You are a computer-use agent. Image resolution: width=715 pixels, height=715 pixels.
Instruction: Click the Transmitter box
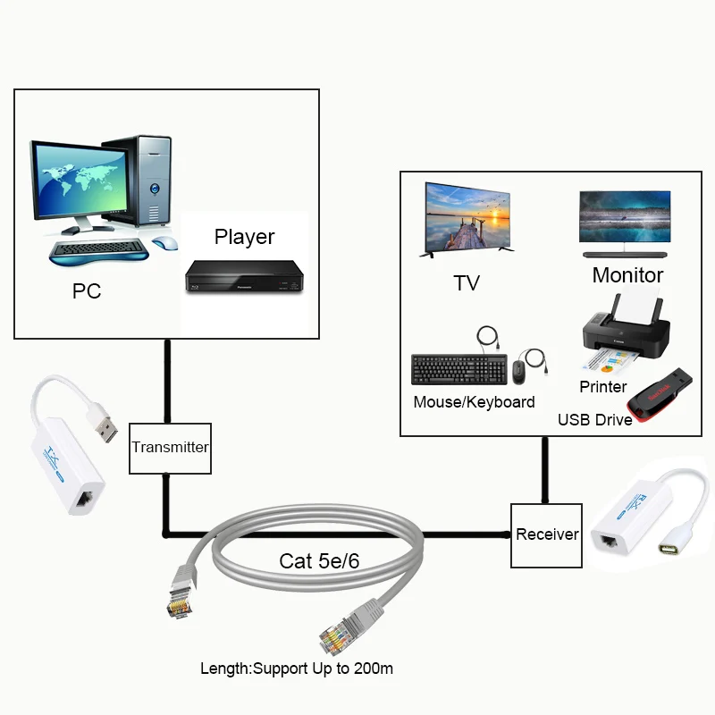pyautogui.click(x=170, y=448)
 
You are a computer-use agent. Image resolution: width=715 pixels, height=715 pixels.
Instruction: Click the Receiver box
pyautogui.click(x=546, y=534)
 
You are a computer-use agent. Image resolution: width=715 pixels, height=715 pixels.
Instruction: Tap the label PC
pyautogui.click(x=87, y=291)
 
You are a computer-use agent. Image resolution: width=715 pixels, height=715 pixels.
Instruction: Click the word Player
pyautogui.click(x=244, y=237)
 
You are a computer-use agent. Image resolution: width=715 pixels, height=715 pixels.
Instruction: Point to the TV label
pyautogui.click(x=467, y=283)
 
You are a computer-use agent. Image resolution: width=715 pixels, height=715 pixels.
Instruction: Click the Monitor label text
pyautogui.click(x=627, y=275)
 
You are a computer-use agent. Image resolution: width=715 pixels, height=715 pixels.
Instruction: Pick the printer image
pyautogui.click(x=622, y=335)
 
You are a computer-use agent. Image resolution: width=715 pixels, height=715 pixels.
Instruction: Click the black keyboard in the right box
pyautogui.click(x=458, y=370)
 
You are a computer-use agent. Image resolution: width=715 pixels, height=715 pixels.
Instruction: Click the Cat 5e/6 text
pyautogui.click(x=320, y=561)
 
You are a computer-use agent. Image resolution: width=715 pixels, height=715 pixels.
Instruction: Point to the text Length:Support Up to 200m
pyautogui.click(x=297, y=668)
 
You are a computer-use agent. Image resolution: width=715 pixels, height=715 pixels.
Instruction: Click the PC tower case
pyautogui.click(x=142, y=179)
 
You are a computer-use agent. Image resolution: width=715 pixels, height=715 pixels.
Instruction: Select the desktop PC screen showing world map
pyautogui.click(x=80, y=181)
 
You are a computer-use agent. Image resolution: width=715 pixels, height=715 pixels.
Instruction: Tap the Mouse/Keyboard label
pyautogui.click(x=474, y=402)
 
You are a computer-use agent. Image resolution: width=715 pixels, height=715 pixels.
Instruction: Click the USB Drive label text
pyautogui.click(x=594, y=419)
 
